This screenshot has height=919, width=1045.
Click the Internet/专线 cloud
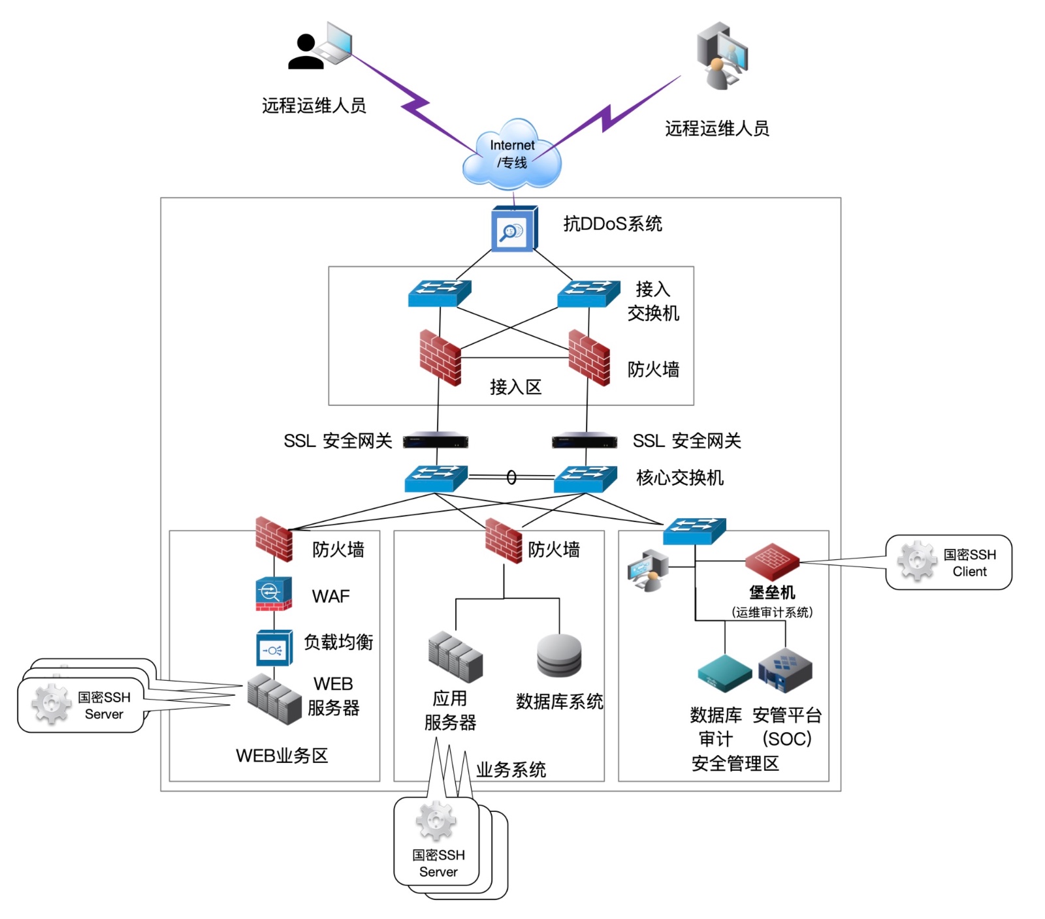coord(511,155)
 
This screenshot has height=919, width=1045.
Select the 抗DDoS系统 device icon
coord(514,228)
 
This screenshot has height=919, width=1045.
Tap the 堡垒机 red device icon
coord(772,561)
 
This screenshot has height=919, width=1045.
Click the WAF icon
coord(273,593)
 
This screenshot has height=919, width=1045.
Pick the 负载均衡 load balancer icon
coord(274,647)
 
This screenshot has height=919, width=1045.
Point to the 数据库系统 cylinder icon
coord(559,655)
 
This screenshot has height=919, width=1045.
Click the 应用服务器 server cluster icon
coord(455,656)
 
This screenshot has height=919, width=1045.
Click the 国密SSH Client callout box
coord(948,563)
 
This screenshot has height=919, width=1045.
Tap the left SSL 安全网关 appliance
coord(435,441)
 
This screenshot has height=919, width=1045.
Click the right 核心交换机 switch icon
coord(585,478)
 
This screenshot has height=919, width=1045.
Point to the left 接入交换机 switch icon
coord(440,293)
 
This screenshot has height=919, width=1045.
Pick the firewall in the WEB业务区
coord(274,538)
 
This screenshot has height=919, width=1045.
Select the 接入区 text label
coord(515,387)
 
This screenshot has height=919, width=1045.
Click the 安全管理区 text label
coord(735,763)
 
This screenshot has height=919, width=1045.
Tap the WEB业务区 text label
coord(281,755)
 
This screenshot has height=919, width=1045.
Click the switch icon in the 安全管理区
coord(694,531)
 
